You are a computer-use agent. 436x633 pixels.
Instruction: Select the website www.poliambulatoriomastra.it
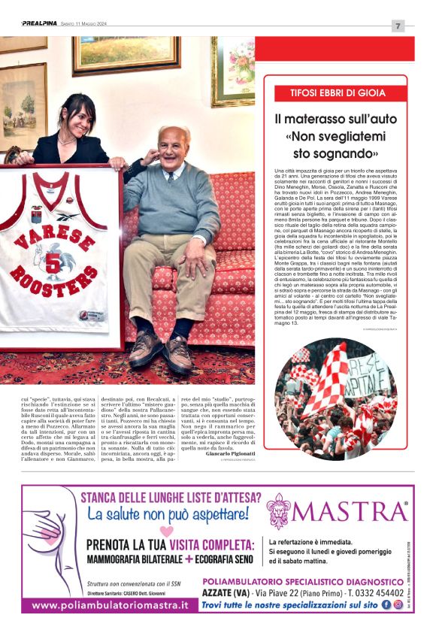[110, 605]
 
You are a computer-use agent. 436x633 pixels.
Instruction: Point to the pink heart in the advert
[166, 531]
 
